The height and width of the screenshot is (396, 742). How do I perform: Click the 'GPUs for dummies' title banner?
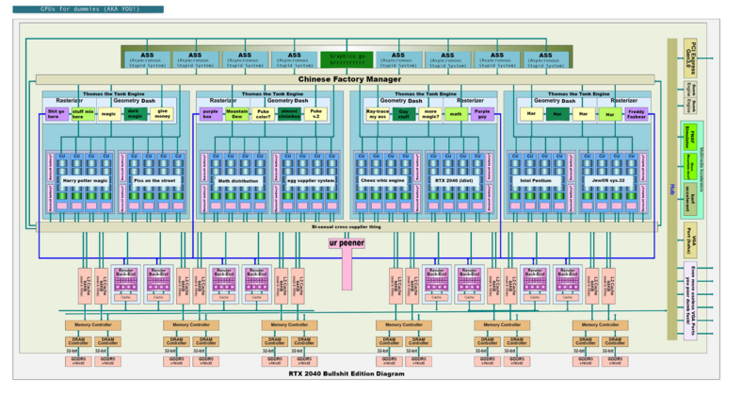(82, 8)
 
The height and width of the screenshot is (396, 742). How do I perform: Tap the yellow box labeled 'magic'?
(108, 113)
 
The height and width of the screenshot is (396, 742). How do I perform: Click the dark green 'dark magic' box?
(136, 113)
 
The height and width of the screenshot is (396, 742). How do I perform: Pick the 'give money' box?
(163, 113)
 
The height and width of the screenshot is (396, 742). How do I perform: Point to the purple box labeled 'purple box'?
(211, 113)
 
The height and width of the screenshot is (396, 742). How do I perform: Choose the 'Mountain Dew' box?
(237, 113)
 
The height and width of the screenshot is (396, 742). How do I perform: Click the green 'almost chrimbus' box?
(290, 113)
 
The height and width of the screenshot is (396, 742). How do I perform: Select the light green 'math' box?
(456, 113)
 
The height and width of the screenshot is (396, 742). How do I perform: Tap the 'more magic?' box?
(430, 113)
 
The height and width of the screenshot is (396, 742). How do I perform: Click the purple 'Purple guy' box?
(482, 113)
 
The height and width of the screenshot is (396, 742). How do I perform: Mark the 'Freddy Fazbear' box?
(636, 113)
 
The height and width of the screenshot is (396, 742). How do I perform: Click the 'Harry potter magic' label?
(87, 179)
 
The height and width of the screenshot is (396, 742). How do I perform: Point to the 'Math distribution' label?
(238, 179)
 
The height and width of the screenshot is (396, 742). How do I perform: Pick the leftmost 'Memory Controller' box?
(89, 324)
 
